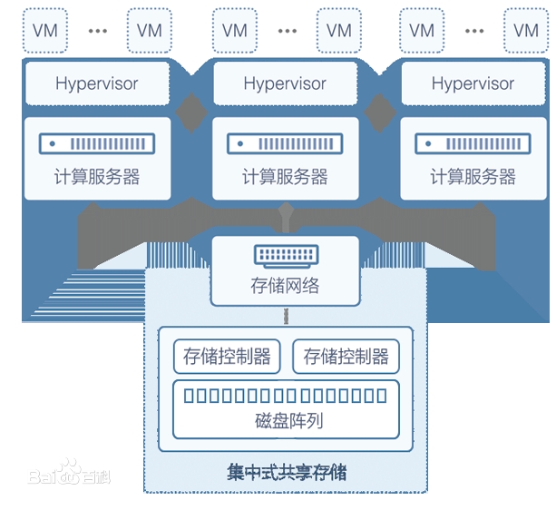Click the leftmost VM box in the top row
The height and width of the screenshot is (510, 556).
click(x=44, y=30)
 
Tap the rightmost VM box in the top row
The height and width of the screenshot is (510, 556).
click(x=526, y=30)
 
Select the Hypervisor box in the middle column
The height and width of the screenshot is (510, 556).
click(x=285, y=83)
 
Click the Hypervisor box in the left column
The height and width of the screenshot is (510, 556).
click(x=97, y=83)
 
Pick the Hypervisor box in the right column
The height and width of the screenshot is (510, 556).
click(x=473, y=83)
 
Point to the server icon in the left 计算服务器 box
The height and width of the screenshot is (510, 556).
click(x=97, y=143)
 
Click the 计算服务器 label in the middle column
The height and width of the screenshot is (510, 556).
click(x=285, y=177)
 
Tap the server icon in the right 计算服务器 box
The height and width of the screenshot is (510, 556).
click(x=473, y=143)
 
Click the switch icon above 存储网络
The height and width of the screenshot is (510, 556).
click(x=285, y=255)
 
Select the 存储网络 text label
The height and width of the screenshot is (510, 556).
click(x=285, y=286)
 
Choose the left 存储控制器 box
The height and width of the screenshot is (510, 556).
click(x=227, y=357)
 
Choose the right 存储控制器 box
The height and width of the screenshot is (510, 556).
click(x=346, y=357)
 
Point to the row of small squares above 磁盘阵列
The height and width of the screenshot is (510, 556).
click(x=285, y=396)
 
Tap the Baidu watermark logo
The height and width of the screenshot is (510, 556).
click(x=69, y=474)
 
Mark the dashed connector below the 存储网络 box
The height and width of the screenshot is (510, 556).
click(x=285, y=316)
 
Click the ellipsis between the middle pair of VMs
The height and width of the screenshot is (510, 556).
click(x=287, y=30)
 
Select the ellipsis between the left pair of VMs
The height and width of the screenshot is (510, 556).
click(x=97, y=30)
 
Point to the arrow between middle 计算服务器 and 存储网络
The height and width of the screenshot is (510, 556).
click(x=285, y=217)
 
